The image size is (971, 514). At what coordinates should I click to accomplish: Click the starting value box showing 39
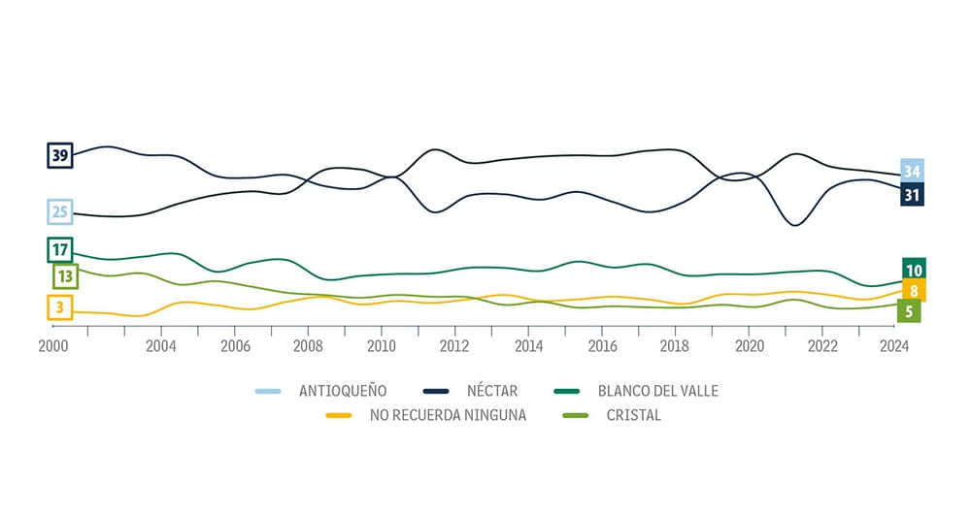[x=60, y=155]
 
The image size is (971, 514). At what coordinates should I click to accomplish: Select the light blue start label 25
[x=60, y=211]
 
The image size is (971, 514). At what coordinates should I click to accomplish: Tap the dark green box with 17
[x=60, y=250]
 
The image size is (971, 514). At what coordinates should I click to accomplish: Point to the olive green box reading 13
[x=65, y=276]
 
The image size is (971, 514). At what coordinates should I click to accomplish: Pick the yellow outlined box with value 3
[x=60, y=308]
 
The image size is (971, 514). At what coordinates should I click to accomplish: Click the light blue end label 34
[x=912, y=172]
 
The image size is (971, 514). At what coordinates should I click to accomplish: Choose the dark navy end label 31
[x=912, y=195]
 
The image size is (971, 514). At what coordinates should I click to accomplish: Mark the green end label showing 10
[x=913, y=270]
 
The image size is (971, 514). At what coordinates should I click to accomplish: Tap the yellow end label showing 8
[x=914, y=291]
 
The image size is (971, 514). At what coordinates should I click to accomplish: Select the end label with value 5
[x=910, y=311]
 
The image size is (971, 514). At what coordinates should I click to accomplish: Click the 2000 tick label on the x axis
[x=52, y=346]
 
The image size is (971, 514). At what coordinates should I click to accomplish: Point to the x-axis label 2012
[x=454, y=346]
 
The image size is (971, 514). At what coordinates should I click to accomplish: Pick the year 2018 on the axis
[x=675, y=346]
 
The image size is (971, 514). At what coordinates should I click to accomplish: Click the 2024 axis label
[x=893, y=346]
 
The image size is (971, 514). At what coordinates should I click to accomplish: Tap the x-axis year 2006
[x=234, y=346]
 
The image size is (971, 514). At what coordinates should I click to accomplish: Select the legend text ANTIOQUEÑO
[x=343, y=391]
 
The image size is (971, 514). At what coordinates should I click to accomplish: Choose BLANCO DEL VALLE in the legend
[x=658, y=391]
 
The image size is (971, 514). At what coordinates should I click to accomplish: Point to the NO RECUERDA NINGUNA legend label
[x=448, y=416]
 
